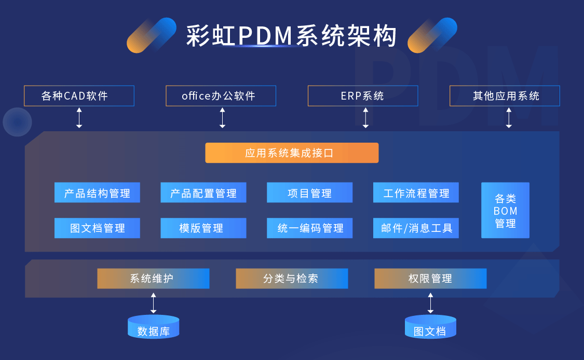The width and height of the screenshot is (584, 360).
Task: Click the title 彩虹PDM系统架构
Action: (x=292, y=36)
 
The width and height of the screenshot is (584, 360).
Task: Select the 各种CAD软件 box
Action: (x=79, y=96)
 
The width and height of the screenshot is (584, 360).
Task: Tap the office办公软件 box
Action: (x=221, y=96)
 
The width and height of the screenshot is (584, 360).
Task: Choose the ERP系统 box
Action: (x=362, y=96)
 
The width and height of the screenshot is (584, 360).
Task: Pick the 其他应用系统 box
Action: (x=505, y=96)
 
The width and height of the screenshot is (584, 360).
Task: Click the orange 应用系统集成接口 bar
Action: (x=292, y=153)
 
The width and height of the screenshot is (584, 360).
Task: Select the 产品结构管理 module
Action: (x=97, y=192)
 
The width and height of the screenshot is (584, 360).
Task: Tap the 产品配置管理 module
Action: (x=203, y=192)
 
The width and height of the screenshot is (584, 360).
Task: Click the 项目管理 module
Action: (x=309, y=192)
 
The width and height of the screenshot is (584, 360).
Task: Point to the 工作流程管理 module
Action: (x=416, y=192)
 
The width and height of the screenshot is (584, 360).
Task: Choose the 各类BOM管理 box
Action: (x=505, y=211)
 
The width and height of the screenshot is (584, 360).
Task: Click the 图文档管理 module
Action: (x=97, y=228)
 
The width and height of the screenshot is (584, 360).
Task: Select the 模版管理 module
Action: (x=203, y=228)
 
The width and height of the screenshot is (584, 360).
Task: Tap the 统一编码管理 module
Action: (x=309, y=228)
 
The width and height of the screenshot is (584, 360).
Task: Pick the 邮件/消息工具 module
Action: (x=416, y=228)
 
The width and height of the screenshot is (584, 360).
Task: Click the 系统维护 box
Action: (x=153, y=279)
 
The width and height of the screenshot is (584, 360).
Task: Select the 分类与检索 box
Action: (x=292, y=279)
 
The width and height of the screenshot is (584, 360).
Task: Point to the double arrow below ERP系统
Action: (x=365, y=118)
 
